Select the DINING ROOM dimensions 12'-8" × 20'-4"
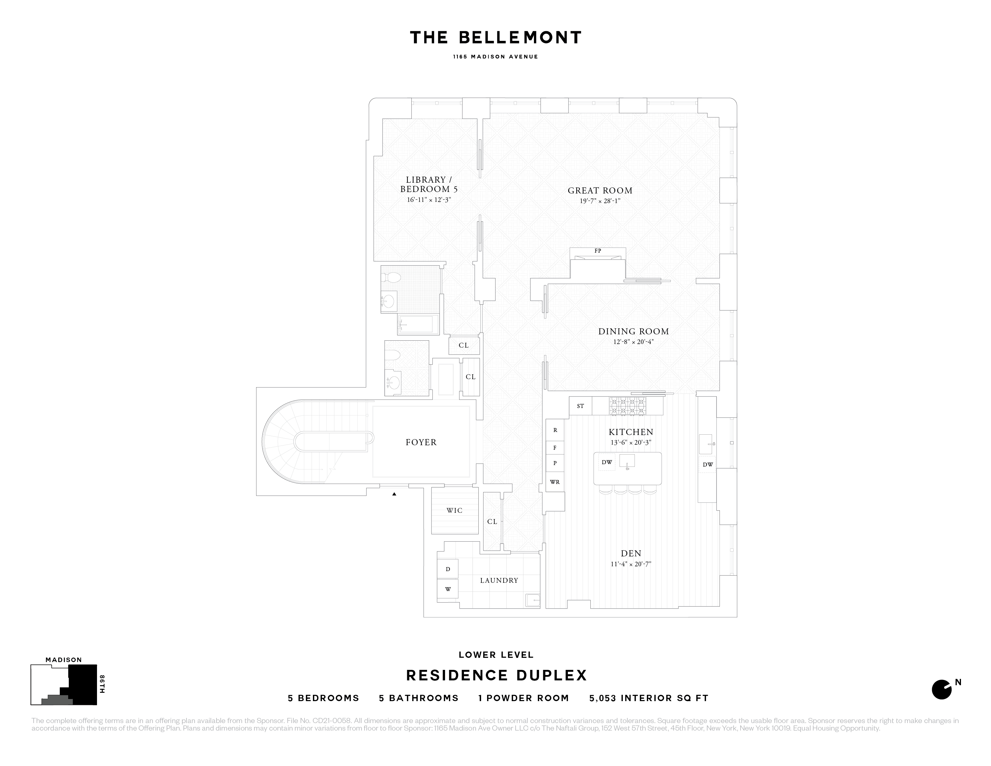633,342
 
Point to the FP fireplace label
598,251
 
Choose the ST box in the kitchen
580,406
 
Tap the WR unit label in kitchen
554,482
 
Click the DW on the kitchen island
607,462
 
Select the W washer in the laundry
448,589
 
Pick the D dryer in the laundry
448,569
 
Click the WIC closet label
454,510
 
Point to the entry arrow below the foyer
394,494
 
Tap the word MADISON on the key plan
64,660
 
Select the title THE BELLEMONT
495,38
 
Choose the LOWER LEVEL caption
496,655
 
